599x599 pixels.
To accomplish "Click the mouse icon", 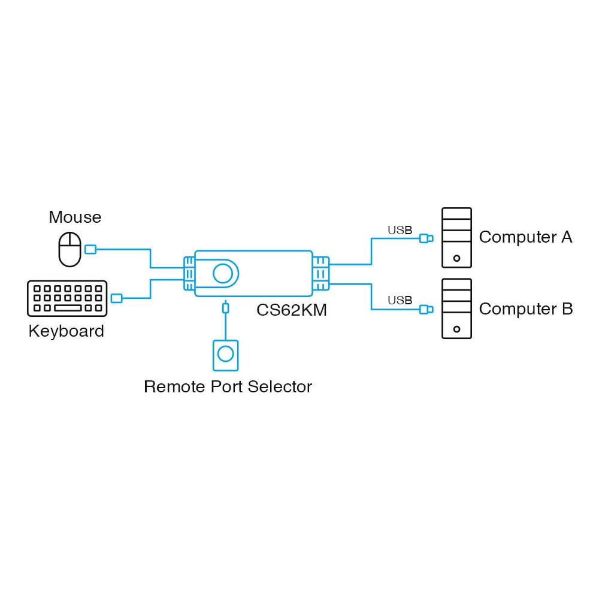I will [69, 249].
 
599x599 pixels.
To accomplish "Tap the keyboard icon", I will [67, 298].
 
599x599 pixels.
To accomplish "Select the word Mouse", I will [75, 217].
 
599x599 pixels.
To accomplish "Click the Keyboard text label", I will [66, 331].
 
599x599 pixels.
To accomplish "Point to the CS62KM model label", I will [291, 310].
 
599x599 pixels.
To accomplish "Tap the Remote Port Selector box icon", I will [225, 354].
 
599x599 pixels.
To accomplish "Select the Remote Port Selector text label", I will [228, 386].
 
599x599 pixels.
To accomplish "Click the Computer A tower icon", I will [456, 237].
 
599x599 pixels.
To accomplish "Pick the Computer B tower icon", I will [456, 308].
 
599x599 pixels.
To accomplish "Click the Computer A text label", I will [525, 237].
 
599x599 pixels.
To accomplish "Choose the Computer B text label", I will [525, 309].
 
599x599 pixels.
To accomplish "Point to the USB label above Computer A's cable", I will [400, 230].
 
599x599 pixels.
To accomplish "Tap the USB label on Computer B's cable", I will [400, 300].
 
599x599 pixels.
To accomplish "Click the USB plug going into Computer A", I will [425, 238].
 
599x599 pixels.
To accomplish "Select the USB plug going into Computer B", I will [425, 309].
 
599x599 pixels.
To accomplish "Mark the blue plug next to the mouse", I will [90, 249].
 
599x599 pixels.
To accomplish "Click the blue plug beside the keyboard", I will [117, 298].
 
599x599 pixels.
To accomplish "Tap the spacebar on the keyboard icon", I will [68, 308].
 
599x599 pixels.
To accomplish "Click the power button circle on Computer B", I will [456, 329].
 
